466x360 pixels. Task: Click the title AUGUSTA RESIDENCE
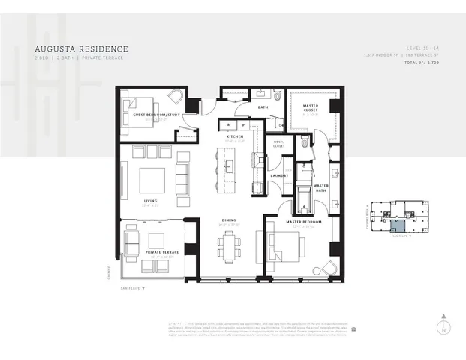pyautogui.click(x=75, y=49)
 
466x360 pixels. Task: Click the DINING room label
pyautogui.click(x=229, y=220)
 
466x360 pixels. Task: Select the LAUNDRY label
pyautogui.click(x=279, y=175)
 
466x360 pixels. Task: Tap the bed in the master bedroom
pyautogui.click(x=285, y=246)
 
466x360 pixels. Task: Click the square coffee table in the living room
pyautogui.click(x=152, y=181)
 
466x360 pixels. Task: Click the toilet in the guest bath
pyautogui.click(x=277, y=95)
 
